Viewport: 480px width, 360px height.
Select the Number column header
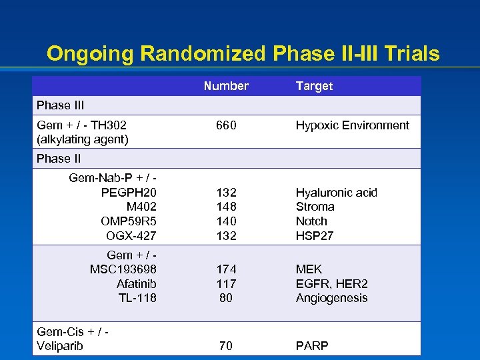click(x=226, y=86)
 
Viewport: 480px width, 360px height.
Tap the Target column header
click(x=314, y=86)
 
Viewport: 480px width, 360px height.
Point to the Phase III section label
click(x=60, y=105)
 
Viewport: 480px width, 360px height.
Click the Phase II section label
click(x=59, y=159)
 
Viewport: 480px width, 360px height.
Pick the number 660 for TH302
click(x=226, y=125)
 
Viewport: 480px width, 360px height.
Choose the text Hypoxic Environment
click(x=353, y=125)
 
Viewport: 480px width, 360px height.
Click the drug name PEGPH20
click(x=129, y=193)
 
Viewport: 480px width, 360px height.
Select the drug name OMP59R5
click(x=129, y=221)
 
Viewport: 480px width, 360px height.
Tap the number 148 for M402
click(x=226, y=207)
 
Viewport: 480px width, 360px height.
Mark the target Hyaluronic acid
click(x=337, y=193)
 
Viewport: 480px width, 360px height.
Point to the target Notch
click(x=311, y=221)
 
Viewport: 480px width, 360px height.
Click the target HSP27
click(x=315, y=235)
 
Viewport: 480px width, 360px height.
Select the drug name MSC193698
click(x=123, y=269)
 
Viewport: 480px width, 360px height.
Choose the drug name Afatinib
click(x=137, y=283)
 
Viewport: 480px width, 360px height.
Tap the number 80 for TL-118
click(x=226, y=298)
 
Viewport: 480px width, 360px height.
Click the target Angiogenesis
click(x=332, y=298)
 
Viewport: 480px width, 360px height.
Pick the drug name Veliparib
click(x=60, y=346)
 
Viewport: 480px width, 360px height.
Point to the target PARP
click(x=312, y=346)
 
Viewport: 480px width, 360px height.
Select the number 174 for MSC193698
click(x=226, y=269)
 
